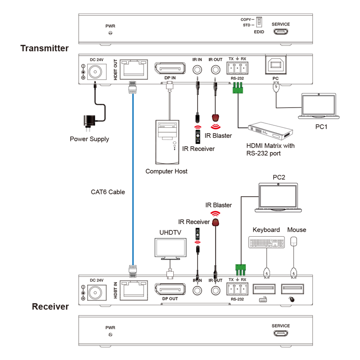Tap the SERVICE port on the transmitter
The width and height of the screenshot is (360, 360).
pos(281,32)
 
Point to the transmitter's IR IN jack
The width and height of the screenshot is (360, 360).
pos(197,70)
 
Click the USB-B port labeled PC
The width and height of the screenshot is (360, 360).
pos(275,66)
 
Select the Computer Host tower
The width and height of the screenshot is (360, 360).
pos(166,141)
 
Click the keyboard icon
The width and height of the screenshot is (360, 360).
pos(266,243)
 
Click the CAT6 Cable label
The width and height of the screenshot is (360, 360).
pos(108,192)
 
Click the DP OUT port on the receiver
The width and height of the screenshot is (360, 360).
pos(170,289)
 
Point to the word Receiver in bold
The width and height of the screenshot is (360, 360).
pos(50,307)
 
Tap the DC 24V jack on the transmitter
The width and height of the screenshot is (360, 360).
pos(95,72)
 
